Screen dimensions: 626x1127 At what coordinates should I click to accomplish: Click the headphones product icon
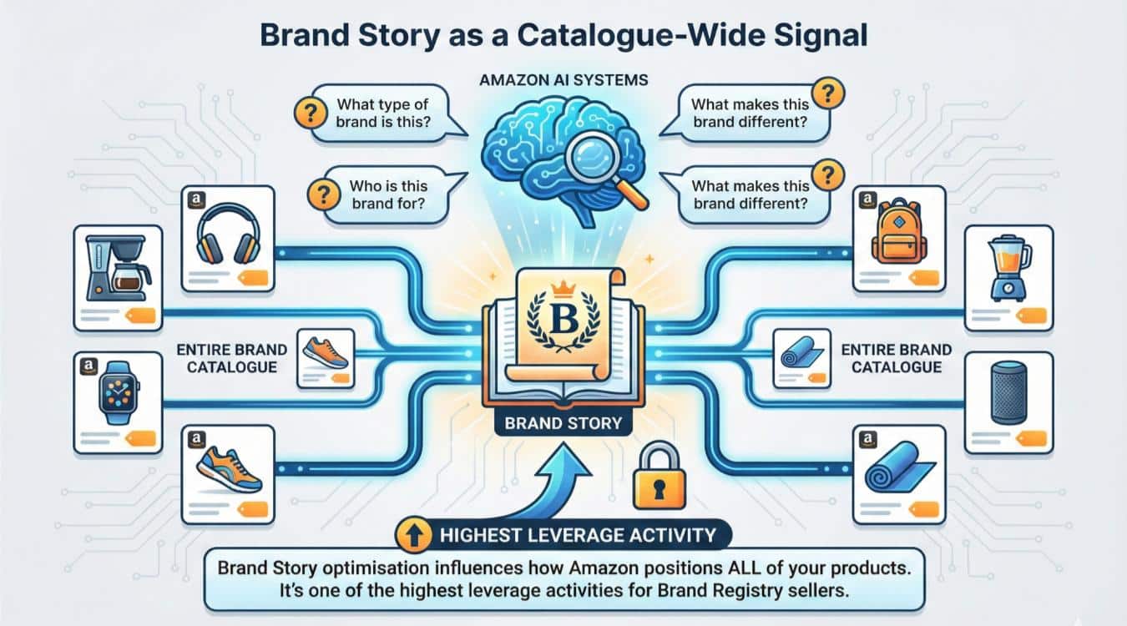point(227,237)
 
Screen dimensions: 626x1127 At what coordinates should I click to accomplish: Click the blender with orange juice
point(1006,267)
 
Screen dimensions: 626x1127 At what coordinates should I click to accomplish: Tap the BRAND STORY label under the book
point(563,423)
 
